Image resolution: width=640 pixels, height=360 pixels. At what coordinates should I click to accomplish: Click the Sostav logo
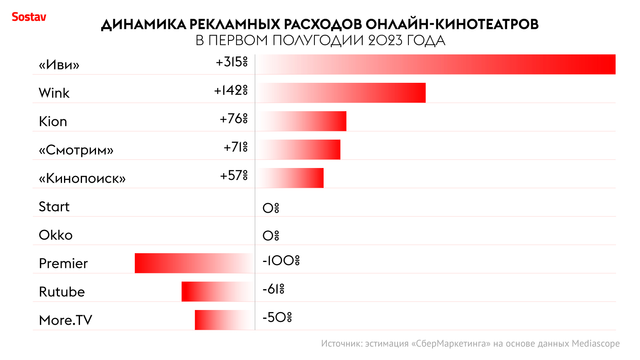point(29,17)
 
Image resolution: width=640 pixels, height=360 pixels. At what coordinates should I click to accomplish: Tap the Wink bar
point(340,93)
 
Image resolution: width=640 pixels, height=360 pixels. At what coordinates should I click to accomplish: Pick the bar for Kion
point(301,121)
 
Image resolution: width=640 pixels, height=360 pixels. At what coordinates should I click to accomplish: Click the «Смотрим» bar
point(298,150)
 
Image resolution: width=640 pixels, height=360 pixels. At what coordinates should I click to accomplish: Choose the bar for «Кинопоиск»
point(290,178)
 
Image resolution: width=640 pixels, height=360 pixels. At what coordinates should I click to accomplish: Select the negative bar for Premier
point(194,263)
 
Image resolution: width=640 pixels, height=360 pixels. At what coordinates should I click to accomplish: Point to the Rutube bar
point(218,292)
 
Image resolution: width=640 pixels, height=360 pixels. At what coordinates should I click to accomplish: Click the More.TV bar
point(224,320)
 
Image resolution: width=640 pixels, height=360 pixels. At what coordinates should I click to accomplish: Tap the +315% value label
point(232,62)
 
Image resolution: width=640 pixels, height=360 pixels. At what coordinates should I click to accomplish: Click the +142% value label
point(231,91)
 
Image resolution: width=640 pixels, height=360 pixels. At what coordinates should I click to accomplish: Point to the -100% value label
point(281,261)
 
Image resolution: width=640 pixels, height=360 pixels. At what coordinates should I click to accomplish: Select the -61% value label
point(273,289)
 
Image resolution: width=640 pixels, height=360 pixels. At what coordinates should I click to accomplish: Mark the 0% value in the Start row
point(271,208)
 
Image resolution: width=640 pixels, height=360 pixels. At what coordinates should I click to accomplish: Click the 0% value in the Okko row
point(271,236)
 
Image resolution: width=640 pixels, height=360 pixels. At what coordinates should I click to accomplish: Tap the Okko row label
point(56,235)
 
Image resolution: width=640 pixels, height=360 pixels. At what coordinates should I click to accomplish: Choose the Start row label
point(54,207)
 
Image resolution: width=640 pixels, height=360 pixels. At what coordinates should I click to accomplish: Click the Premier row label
point(63,264)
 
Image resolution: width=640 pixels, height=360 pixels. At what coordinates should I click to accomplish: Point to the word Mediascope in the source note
point(596,344)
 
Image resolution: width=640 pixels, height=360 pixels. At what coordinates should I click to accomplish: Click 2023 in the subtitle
point(385,41)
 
